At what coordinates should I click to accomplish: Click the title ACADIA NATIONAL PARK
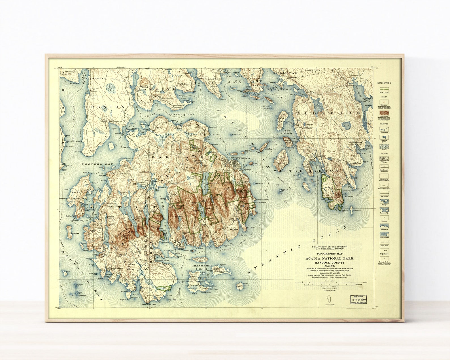329,259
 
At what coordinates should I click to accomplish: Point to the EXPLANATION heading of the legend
384,83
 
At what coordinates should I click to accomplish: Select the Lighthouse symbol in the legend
384,251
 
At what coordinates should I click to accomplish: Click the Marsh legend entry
384,147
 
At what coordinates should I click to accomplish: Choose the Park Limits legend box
384,89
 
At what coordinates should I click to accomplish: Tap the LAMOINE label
153,89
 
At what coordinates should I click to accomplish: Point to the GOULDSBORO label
319,113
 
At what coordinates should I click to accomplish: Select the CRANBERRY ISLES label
201,267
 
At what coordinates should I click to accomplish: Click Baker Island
240,286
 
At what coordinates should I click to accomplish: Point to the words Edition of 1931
329,291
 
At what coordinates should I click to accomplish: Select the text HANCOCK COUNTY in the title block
329,262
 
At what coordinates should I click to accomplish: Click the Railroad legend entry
384,194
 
